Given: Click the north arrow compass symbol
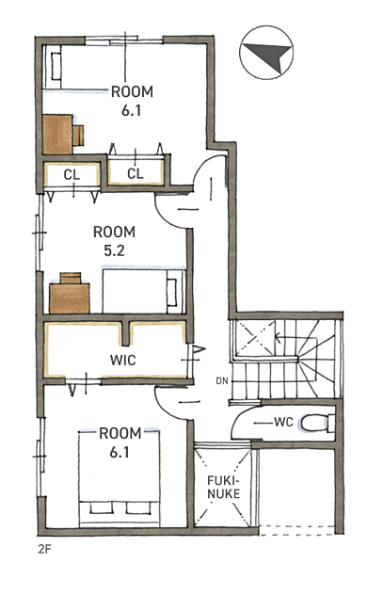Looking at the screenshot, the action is click(266, 53).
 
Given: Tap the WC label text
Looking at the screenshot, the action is click(283, 422).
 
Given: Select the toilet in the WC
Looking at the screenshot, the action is click(318, 423).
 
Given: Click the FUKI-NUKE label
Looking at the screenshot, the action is click(224, 488).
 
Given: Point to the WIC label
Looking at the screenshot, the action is click(123, 360).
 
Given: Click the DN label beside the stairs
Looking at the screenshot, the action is click(222, 380).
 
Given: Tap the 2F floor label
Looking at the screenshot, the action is click(44, 549).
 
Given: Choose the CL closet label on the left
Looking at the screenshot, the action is click(72, 175).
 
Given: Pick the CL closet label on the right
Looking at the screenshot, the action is click(136, 174).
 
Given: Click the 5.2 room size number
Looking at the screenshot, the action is click(114, 250).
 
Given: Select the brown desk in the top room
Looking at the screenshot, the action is click(57, 135).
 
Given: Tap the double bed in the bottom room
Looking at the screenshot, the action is click(120, 478).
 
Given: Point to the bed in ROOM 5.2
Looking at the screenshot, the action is click(144, 291).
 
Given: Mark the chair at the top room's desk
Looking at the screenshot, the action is click(78, 136).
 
